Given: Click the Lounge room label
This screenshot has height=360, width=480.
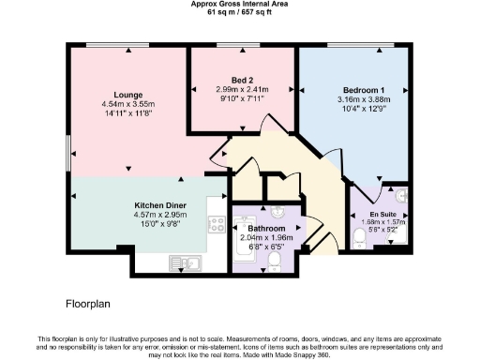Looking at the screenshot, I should [x=127, y=95].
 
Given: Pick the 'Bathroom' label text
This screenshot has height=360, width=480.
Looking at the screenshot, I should [x=265, y=228].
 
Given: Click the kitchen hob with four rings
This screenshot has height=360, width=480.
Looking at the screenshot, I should [x=217, y=225].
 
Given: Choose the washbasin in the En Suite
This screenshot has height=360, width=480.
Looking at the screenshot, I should [x=400, y=196].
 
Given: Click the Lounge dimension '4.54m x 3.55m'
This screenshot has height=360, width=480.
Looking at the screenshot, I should [x=127, y=105].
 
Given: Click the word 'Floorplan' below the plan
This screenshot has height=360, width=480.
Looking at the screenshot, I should [x=89, y=304].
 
